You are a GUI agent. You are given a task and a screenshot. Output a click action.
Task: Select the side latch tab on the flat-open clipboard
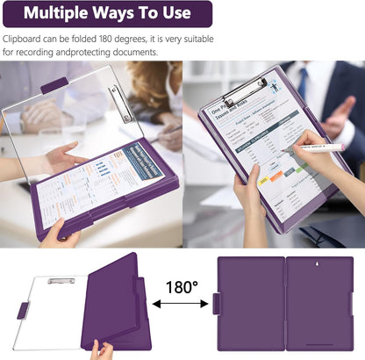click(x=216, y=302)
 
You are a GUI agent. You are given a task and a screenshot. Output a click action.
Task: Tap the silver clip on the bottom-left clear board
click(x=61, y=282)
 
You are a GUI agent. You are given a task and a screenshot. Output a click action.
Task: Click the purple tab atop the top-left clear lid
click(x=54, y=84)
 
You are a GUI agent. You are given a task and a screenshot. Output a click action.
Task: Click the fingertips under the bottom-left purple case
click(x=104, y=349)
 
